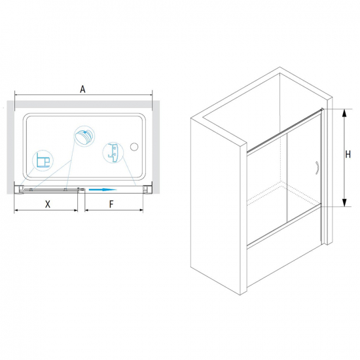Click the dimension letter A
82,89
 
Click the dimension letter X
48,204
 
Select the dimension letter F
111,204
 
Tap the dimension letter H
348,154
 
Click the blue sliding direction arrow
103,190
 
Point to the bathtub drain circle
134,147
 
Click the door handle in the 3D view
317,168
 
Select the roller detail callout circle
84,136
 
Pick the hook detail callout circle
113,153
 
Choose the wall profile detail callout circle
43,160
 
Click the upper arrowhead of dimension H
344,113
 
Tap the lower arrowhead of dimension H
344,202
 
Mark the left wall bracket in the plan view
18,190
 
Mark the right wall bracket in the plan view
146,190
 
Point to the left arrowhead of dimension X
16,210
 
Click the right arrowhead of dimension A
150,95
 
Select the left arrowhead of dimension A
17,95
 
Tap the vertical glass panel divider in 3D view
287,177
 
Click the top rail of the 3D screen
285,130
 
